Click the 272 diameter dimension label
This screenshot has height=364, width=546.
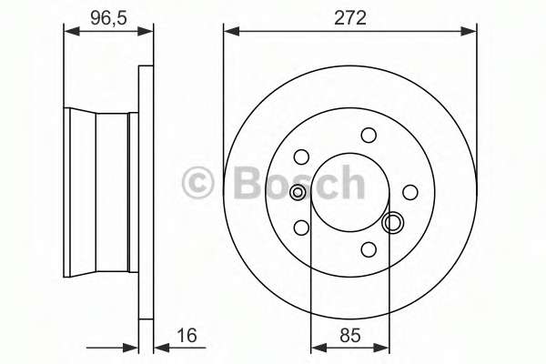click(x=349, y=15)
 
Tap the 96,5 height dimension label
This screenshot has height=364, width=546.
click(x=107, y=15)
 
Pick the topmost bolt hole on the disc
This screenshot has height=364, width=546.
click(x=369, y=135)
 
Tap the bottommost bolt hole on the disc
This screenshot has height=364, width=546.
click(x=369, y=249)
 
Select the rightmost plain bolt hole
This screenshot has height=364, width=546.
click(x=410, y=192)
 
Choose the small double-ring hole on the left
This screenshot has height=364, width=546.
click(x=298, y=192)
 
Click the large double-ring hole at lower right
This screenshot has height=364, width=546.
click(x=394, y=221)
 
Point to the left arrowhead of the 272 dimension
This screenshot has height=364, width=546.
click(x=229, y=32)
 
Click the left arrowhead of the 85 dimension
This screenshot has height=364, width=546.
click(x=316, y=346)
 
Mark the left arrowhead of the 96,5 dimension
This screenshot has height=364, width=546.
click(x=68, y=32)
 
